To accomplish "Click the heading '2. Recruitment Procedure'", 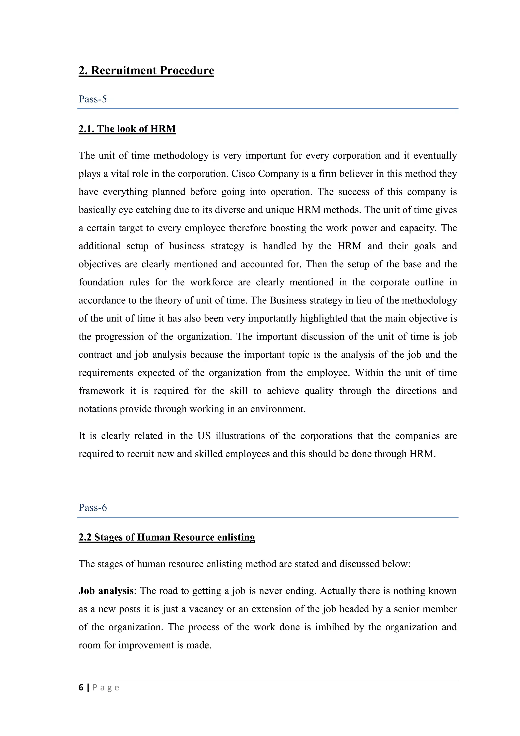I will pyautogui.click(x=146, y=70).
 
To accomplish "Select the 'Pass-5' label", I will pyautogui.click(x=92, y=99).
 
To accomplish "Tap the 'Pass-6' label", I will pyautogui.click(x=92, y=508).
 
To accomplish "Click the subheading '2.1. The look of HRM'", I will pyautogui.click(x=127, y=129).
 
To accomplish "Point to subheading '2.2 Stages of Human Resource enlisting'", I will pyautogui.click(x=167, y=537).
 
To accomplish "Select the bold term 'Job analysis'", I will pyautogui.click(x=106, y=591).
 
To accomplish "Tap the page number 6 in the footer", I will pyautogui.click(x=81, y=688).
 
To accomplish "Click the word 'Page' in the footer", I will pyautogui.click(x=106, y=688).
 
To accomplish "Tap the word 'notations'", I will pyautogui.click(x=98, y=409).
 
